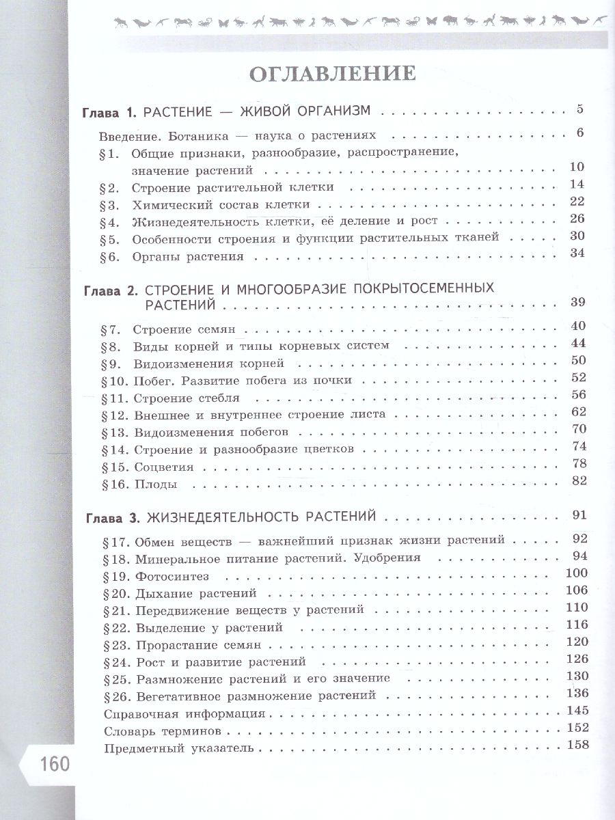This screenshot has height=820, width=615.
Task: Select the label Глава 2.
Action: [x=111, y=289]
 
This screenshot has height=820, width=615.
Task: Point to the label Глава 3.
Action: [x=113, y=516]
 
